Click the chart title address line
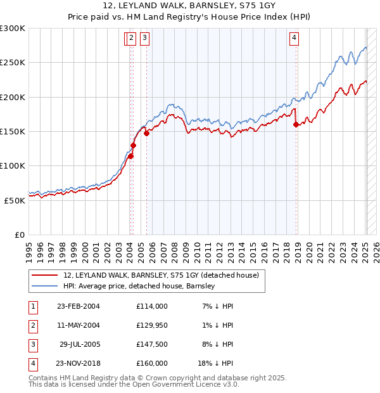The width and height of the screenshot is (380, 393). click(x=189, y=6)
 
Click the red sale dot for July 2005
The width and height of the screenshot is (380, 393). click(x=146, y=133)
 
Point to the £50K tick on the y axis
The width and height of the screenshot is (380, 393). click(x=15, y=200)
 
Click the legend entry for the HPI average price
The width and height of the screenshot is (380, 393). click(x=139, y=287)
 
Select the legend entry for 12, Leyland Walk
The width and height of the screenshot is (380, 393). click(x=161, y=276)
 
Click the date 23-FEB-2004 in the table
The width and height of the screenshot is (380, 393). click(x=79, y=306)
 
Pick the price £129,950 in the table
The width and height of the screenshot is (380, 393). click(x=152, y=325)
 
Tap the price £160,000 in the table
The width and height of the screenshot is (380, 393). click(x=152, y=363)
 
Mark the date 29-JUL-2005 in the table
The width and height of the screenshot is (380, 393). click(x=80, y=344)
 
